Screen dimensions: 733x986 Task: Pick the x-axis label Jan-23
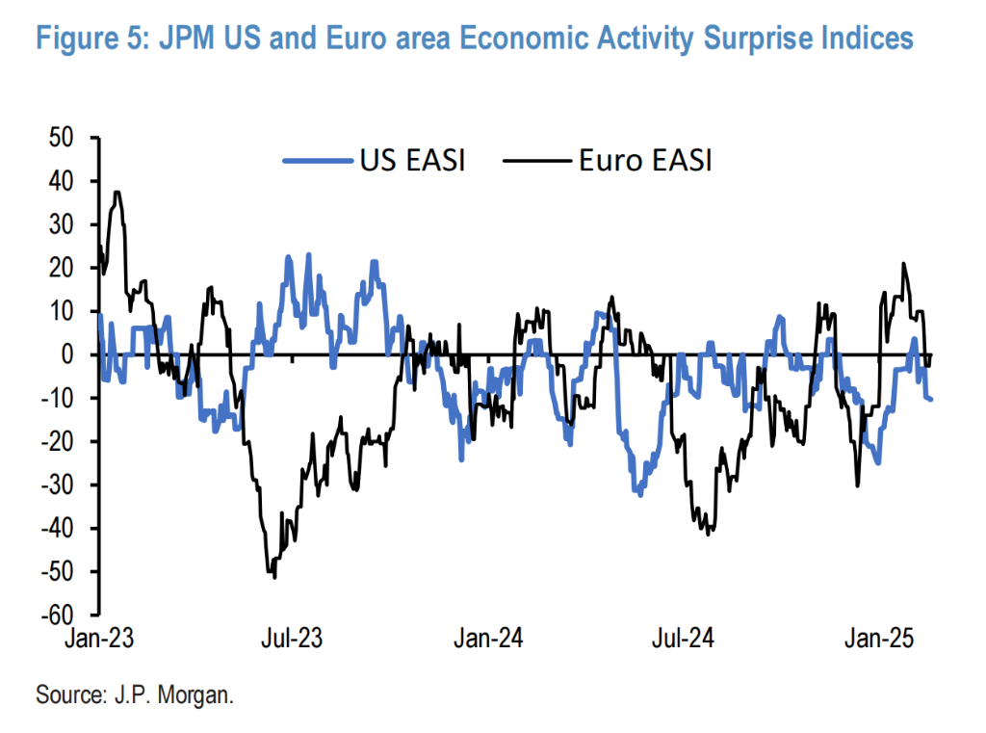pyautogui.click(x=98, y=640)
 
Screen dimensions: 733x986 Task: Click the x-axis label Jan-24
pyautogui.click(x=489, y=640)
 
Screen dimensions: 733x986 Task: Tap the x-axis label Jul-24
pyautogui.click(x=682, y=640)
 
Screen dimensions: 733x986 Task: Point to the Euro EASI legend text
pyautogui.click(x=644, y=160)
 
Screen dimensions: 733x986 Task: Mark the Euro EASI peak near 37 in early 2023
pyautogui.click(x=117, y=192)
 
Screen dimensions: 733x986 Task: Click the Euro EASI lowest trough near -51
pyautogui.click(x=274, y=577)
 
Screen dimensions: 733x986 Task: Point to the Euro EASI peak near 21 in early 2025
pyautogui.click(x=903, y=263)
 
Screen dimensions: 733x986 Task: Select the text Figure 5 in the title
pyautogui.click(x=96, y=39)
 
